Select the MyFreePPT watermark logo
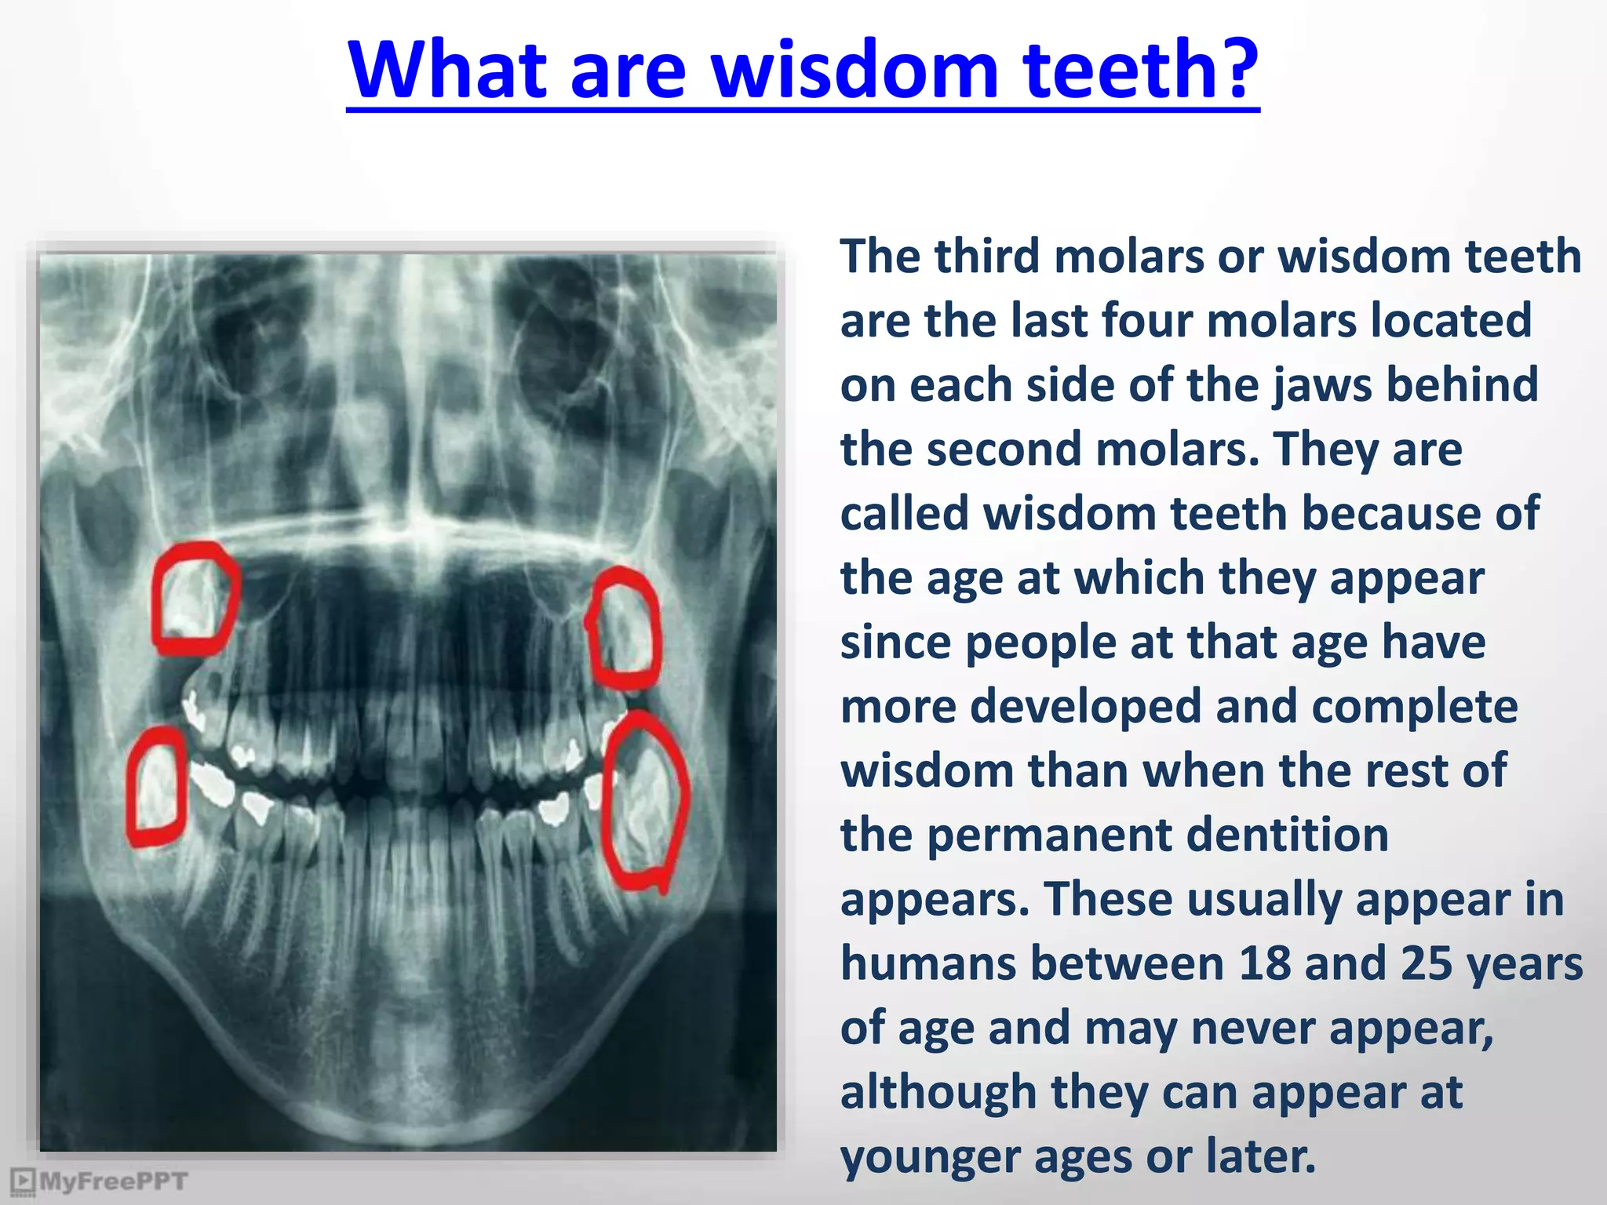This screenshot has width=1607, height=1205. point(100,1181)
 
